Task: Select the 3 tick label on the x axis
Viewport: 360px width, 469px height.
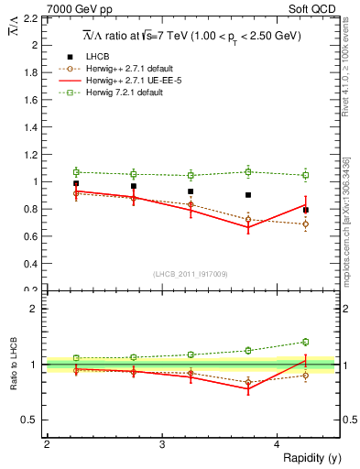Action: pos(161,444)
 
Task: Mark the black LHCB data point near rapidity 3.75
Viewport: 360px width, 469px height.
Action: pos(248,195)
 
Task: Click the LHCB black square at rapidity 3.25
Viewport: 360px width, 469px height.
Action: pos(191,191)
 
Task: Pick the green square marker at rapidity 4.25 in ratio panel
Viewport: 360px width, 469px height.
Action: pos(306,342)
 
